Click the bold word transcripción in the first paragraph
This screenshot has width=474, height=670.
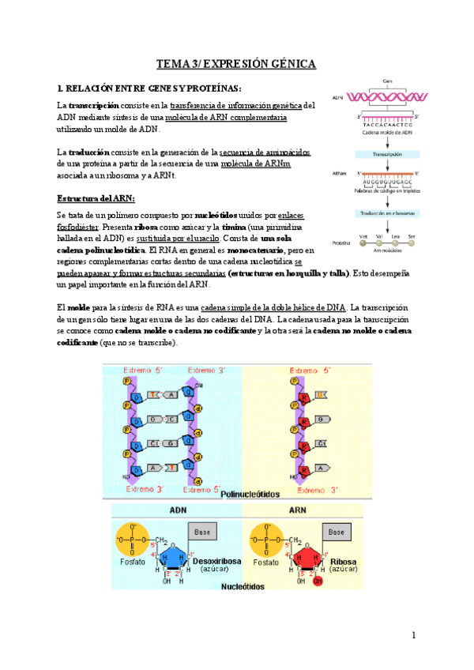click(x=93, y=104)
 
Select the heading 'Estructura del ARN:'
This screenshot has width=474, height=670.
click(x=96, y=197)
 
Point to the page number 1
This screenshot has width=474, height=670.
click(x=413, y=635)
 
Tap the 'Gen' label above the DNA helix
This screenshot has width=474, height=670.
click(x=387, y=80)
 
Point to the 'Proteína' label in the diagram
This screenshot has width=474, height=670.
click(x=341, y=243)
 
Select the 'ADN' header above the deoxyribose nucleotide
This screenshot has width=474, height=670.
click(x=179, y=510)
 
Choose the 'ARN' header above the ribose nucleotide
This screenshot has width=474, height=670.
click(x=298, y=510)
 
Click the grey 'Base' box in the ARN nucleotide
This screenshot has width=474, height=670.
click(x=336, y=533)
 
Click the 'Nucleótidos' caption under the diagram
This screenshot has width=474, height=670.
click(x=243, y=587)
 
